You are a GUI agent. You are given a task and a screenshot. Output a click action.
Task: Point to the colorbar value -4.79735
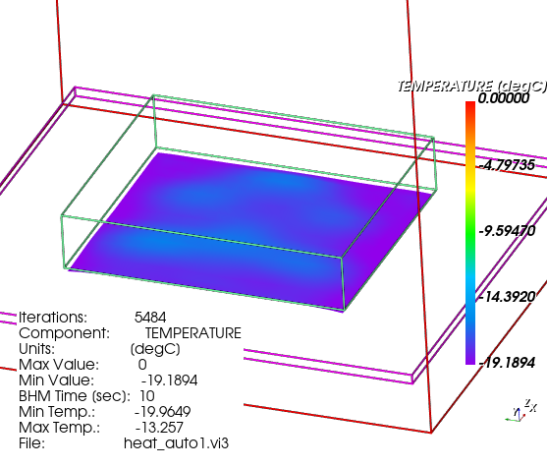[507, 164]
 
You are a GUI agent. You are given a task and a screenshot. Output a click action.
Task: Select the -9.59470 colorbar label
[507, 231]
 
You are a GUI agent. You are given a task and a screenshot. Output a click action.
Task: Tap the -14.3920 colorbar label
[507, 297]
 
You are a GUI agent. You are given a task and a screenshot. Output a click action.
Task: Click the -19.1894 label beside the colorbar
[507, 363]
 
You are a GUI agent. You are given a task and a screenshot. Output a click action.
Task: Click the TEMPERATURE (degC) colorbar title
[471, 86]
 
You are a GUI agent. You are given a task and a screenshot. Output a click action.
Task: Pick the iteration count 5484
[150, 318]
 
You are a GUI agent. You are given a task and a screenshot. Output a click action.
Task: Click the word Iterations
[53, 318]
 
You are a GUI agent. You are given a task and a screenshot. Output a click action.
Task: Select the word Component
[64, 333]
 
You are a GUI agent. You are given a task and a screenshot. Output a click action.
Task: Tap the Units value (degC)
[155, 349]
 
